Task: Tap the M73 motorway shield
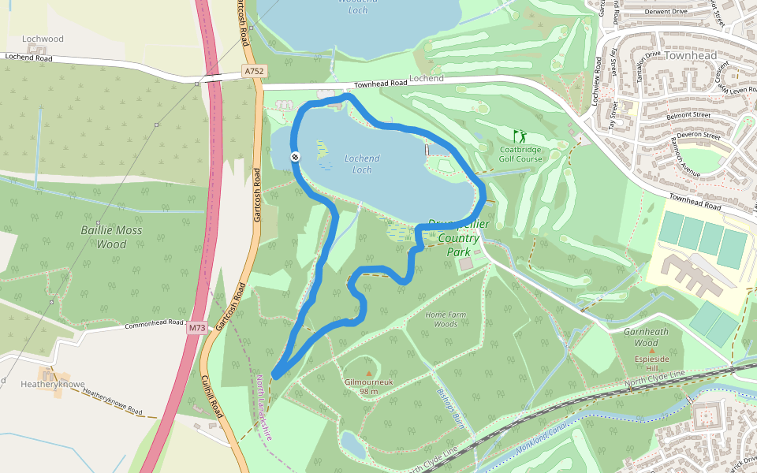[x=196, y=328]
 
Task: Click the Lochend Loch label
[x=362, y=164]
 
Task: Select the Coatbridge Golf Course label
[x=520, y=154]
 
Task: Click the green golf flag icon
[x=519, y=136]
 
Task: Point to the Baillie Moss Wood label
[x=104, y=237]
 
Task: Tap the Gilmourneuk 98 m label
[x=368, y=386]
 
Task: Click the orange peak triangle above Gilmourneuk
[x=368, y=373]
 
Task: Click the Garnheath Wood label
[x=646, y=337]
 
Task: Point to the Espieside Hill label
[x=651, y=363]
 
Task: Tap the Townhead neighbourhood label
[x=691, y=56]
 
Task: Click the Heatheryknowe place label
[x=52, y=383]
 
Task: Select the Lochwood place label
[x=43, y=39]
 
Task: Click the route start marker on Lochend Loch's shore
[x=295, y=157]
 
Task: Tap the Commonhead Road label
[x=155, y=324]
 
